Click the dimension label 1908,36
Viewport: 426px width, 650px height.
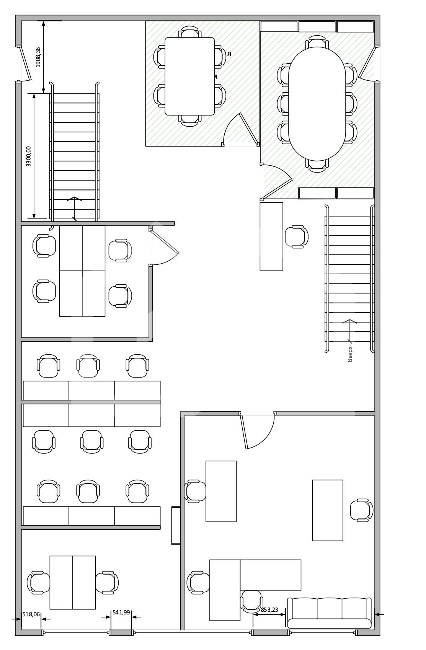point(38,57)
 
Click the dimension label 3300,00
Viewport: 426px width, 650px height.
point(28,156)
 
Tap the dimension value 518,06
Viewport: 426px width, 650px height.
point(31,614)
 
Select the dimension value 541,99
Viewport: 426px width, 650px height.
point(121,613)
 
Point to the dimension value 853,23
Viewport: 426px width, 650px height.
point(269,610)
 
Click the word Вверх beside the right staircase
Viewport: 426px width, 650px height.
point(350,354)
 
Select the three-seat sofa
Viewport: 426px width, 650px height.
point(329,613)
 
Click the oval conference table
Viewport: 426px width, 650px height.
point(317,104)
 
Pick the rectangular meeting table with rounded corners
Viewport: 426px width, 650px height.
point(189,76)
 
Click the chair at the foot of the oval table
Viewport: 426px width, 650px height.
point(317,166)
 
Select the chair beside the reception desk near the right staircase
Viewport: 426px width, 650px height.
point(297,237)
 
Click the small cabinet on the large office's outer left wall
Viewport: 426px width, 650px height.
point(176,525)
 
